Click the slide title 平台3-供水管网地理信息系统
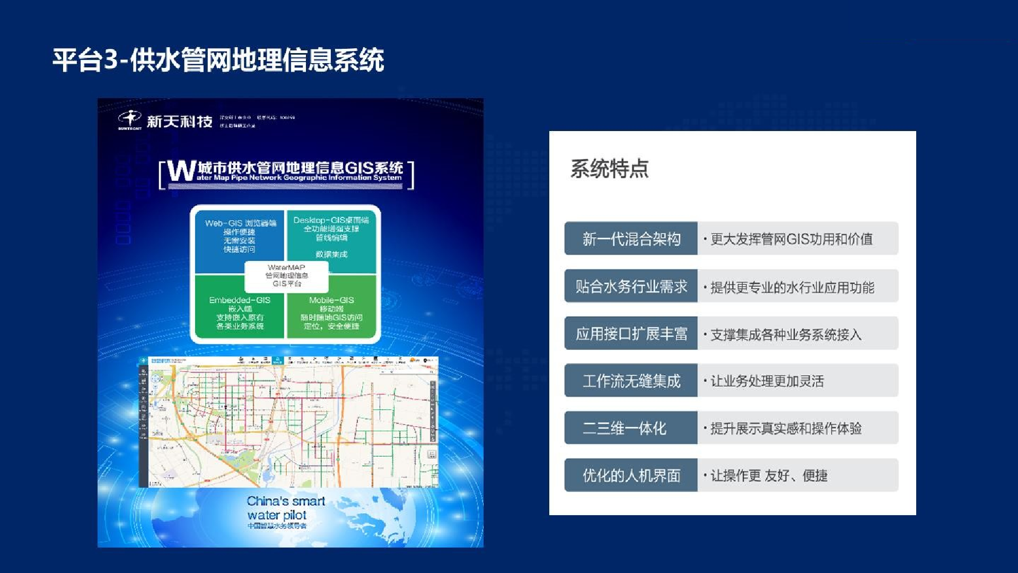(218, 59)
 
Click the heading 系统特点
(609, 168)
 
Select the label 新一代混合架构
(631, 239)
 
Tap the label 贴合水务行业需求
(631, 286)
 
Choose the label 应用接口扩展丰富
(631, 334)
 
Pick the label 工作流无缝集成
(631, 381)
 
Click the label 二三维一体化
(625, 428)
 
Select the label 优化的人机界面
(631, 475)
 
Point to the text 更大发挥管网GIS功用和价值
(791, 239)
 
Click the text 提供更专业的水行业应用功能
(792, 287)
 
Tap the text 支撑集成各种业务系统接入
(786, 334)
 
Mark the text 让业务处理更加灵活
(767, 381)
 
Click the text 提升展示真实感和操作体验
(786, 428)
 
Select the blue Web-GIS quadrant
(240, 236)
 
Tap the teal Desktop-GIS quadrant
(331, 236)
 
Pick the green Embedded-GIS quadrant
(240, 313)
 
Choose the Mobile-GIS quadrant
(331, 313)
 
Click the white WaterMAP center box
(286, 275)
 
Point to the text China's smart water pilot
(285, 508)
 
